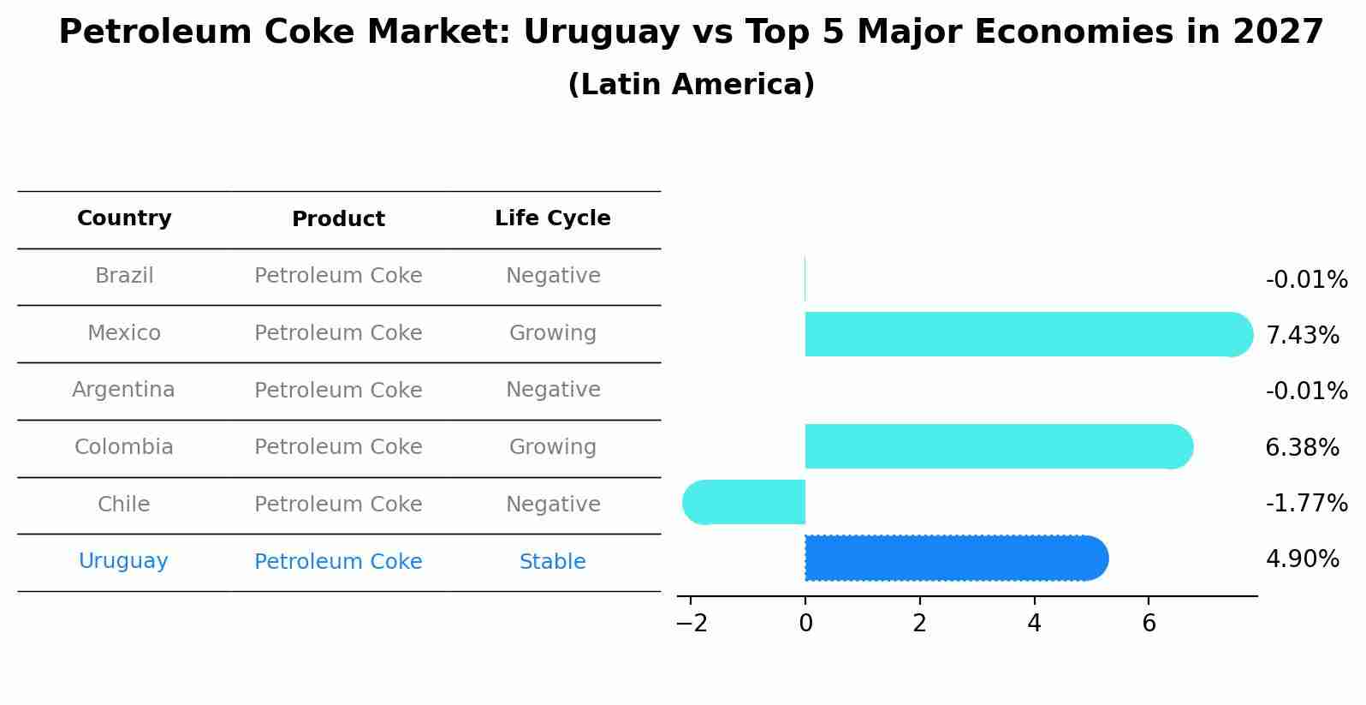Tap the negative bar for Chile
(x=745, y=502)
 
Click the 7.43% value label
(x=1302, y=336)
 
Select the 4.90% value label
(x=1302, y=559)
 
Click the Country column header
(x=124, y=218)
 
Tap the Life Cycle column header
(x=552, y=218)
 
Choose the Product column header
(x=338, y=219)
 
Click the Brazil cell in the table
(x=124, y=276)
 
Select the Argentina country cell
(x=123, y=390)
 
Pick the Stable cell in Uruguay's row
(x=552, y=562)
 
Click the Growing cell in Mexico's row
(x=552, y=333)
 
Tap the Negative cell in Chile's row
(x=552, y=505)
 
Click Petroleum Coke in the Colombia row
(x=338, y=447)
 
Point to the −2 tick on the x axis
(x=692, y=624)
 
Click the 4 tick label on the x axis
(x=1034, y=624)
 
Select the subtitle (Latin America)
(x=691, y=85)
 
